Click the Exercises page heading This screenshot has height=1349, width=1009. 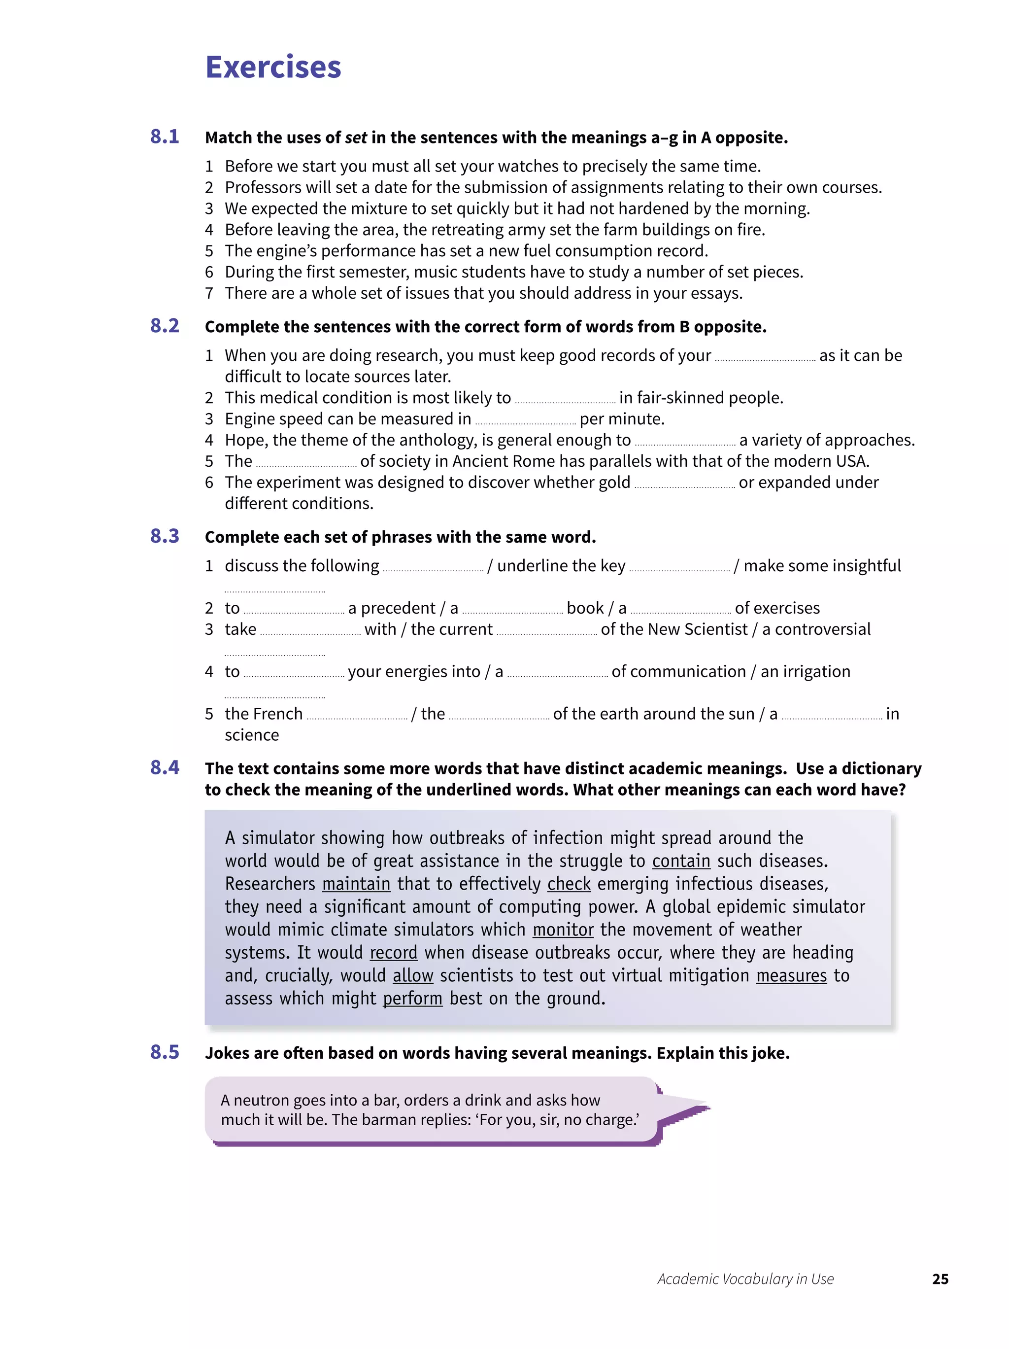(272, 67)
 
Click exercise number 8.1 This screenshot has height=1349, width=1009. (165, 137)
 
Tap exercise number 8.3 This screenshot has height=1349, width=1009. (165, 536)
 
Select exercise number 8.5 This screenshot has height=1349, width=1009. (165, 1052)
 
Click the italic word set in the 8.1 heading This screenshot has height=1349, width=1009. (355, 138)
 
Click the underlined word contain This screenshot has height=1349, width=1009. (680, 861)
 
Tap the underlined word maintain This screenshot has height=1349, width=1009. (356, 884)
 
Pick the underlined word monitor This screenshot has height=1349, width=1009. (563, 930)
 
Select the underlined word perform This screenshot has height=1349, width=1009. (412, 999)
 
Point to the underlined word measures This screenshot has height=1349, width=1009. (791, 976)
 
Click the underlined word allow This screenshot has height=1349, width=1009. (413, 976)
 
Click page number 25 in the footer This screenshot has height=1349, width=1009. (940, 1279)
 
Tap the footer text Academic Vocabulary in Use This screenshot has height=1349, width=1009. (745, 1279)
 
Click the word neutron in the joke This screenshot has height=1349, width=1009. (262, 1100)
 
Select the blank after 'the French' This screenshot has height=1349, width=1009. (357, 716)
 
